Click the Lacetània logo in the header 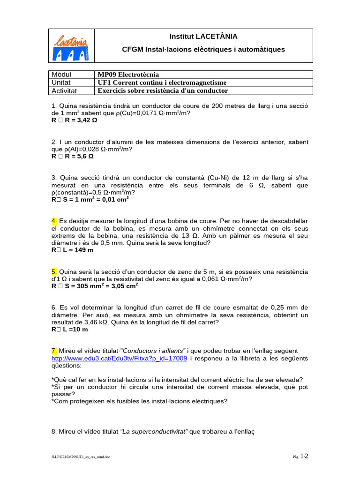tap(72, 46)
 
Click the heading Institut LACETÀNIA tap(203, 37)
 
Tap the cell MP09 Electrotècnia tap(128, 75)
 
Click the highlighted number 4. tap(54, 220)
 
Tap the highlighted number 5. tap(54, 271)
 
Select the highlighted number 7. tap(54, 351)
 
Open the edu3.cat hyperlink tap(119, 358)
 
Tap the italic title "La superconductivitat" tap(154, 431)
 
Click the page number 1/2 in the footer tap(304, 456)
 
